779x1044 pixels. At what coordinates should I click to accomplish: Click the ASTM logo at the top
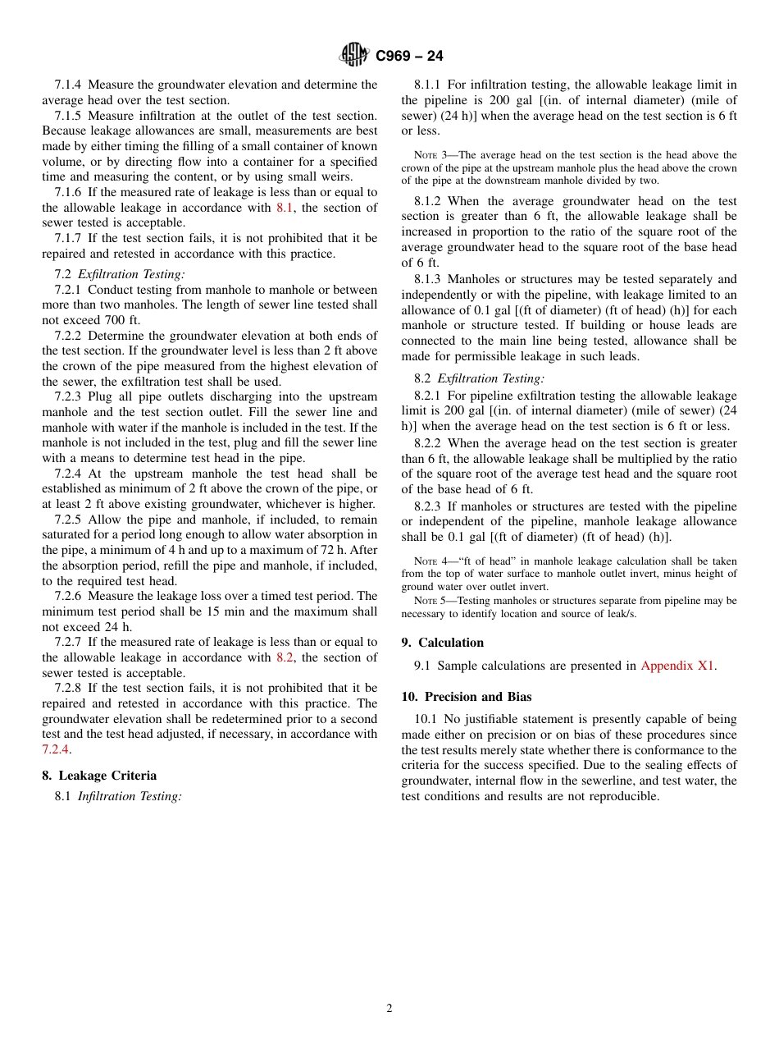point(354,55)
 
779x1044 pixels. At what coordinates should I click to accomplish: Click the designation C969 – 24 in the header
point(409,56)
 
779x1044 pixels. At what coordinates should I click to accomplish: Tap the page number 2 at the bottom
point(389,1009)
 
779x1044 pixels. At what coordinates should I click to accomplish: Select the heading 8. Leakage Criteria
point(99,776)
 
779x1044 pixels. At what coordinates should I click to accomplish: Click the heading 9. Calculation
point(443,643)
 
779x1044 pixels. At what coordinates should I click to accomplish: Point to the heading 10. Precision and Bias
point(467,697)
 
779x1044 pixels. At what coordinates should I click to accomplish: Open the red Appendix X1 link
point(677,666)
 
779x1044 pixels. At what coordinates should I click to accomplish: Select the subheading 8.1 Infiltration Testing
point(118,796)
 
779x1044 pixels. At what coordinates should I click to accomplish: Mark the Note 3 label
point(430,155)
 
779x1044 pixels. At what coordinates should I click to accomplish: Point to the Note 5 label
point(430,601)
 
